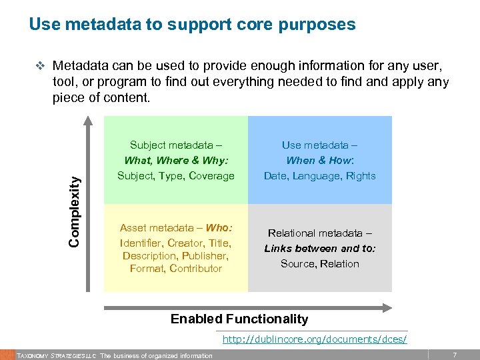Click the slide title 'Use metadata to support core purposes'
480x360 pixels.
click(x=192, y=25)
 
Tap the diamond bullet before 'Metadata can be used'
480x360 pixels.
click(x=39, y=67)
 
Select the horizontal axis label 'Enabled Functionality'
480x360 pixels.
click(x=239, y=319)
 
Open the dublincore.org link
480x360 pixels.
click(x=314, y=339)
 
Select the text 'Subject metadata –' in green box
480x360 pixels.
click(x=176, y=145)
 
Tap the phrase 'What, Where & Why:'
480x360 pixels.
click(x=176, y=160)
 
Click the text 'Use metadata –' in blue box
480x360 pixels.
click(x=319, y=145)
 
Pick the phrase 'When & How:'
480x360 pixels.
click(x=319, y=160)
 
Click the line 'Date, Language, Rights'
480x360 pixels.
click(x=319, y=176)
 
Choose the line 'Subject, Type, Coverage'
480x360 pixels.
click(x=176, y=176)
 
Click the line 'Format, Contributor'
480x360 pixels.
click(x=176, y=268)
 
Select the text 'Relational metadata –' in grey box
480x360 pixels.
click(x=319, y=233)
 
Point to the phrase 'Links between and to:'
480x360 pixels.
click(x=319, y=248)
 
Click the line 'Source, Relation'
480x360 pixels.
click(x=319, y=263)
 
